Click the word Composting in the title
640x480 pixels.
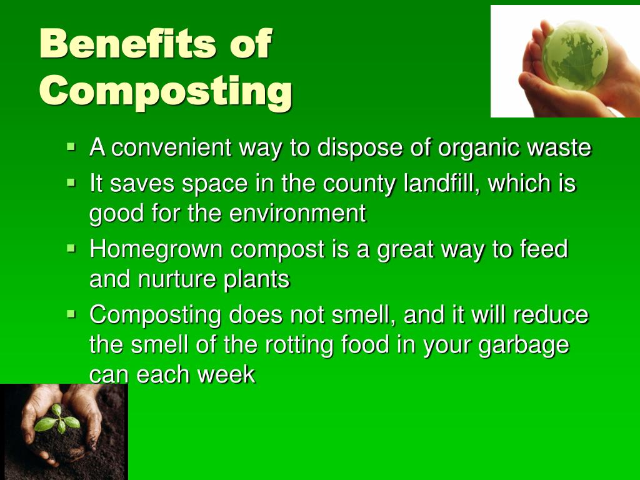pos(166,91)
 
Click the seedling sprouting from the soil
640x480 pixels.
pos(57,420)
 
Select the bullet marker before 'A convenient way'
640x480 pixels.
pos(71,148)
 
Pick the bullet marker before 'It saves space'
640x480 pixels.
pos(71,184)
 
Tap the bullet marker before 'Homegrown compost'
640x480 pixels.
pos(71,249)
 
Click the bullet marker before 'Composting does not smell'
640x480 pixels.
pos(71,314)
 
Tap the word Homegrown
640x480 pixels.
pos(156,249)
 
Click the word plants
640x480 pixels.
pos(257,279)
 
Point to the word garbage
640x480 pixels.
pos(524,346)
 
